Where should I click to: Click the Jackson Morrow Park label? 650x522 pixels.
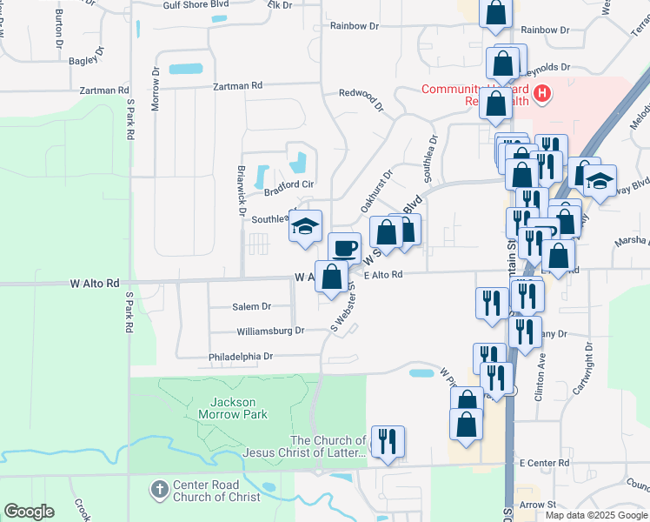233,408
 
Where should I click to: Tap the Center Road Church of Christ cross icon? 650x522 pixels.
158,490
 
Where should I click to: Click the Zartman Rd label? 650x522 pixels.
238,86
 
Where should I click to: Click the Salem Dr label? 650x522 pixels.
252,306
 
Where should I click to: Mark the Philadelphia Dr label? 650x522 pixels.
241,356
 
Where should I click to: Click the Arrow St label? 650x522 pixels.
537,505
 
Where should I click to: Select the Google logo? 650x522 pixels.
29,512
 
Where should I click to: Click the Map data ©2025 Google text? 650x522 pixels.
595,515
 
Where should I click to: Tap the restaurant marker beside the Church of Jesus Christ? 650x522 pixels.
388,441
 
